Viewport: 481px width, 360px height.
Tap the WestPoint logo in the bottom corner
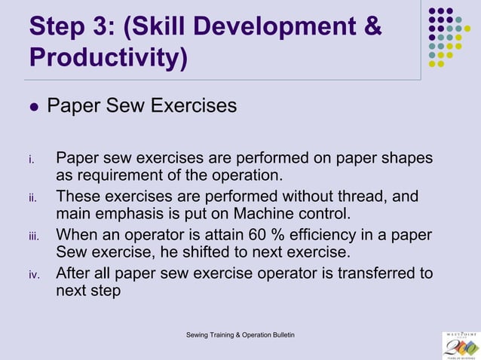pyautogui.click(x=461, y=344)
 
